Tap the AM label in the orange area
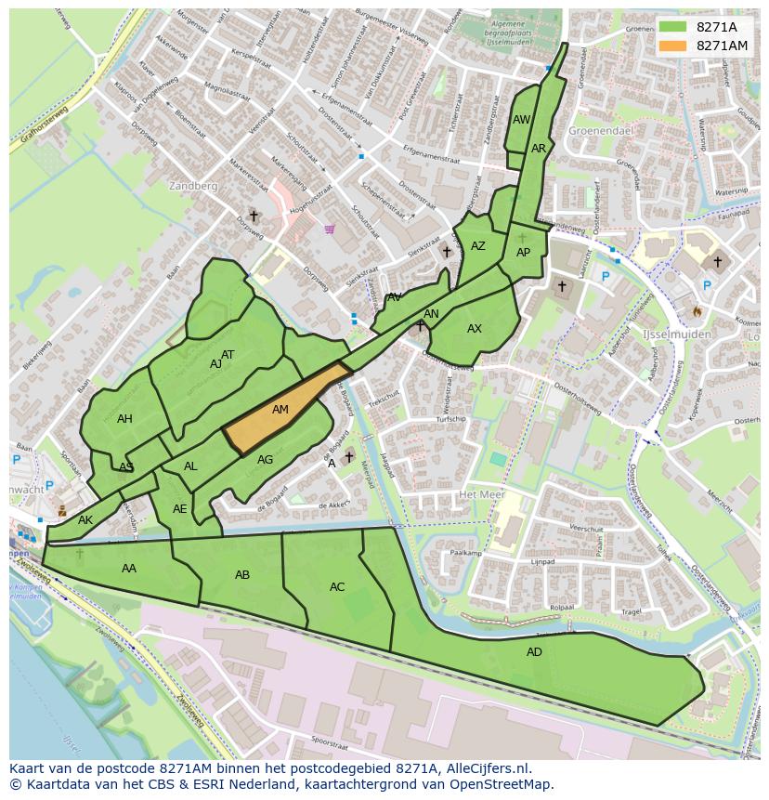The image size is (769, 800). pos(280,410)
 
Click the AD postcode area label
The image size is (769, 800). pos(534,652)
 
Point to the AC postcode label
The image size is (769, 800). pos(337,587)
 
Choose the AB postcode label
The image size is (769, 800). pos(242,575)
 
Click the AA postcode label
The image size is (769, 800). pos(129,569)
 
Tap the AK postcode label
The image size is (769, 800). pos(85,520)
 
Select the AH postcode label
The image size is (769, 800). pos(124,419)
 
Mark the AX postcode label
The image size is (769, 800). pos(475,329)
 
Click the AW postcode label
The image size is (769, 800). pos(521,120)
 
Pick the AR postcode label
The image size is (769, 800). pos(539,149)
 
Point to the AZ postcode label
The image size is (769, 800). pos(478,246)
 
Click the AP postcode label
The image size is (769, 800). pos(523,253)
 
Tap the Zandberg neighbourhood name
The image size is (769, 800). pos(193,186)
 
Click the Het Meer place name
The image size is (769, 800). pos(481,494)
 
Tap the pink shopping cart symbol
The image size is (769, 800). pos(330,229)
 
